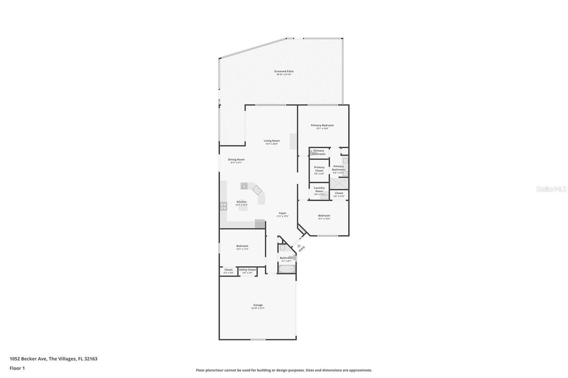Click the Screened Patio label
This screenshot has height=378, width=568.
tap(284, 71)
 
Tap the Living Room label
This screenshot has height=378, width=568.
tap(272, 141)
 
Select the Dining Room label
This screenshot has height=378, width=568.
tap(236, 160)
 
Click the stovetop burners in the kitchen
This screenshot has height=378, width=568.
tap(224, 206)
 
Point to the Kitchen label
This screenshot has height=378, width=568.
tap(241, 202)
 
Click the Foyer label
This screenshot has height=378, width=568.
tap(282, 213)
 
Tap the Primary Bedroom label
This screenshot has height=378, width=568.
tap(322, 125)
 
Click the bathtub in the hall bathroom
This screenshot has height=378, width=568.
tap(287, 269)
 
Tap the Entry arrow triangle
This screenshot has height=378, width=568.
tap(299, 246)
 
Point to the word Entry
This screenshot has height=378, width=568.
tap(302, 249)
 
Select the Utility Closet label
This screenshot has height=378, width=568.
tap(247, 269)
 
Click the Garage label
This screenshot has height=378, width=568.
tap(258, 305)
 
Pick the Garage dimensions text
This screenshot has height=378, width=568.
tap(258, 308)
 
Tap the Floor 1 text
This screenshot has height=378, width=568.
tap(17, 368)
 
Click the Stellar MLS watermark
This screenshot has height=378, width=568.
tap(551, 189)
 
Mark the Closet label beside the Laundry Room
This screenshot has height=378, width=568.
tap(339, 193)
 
